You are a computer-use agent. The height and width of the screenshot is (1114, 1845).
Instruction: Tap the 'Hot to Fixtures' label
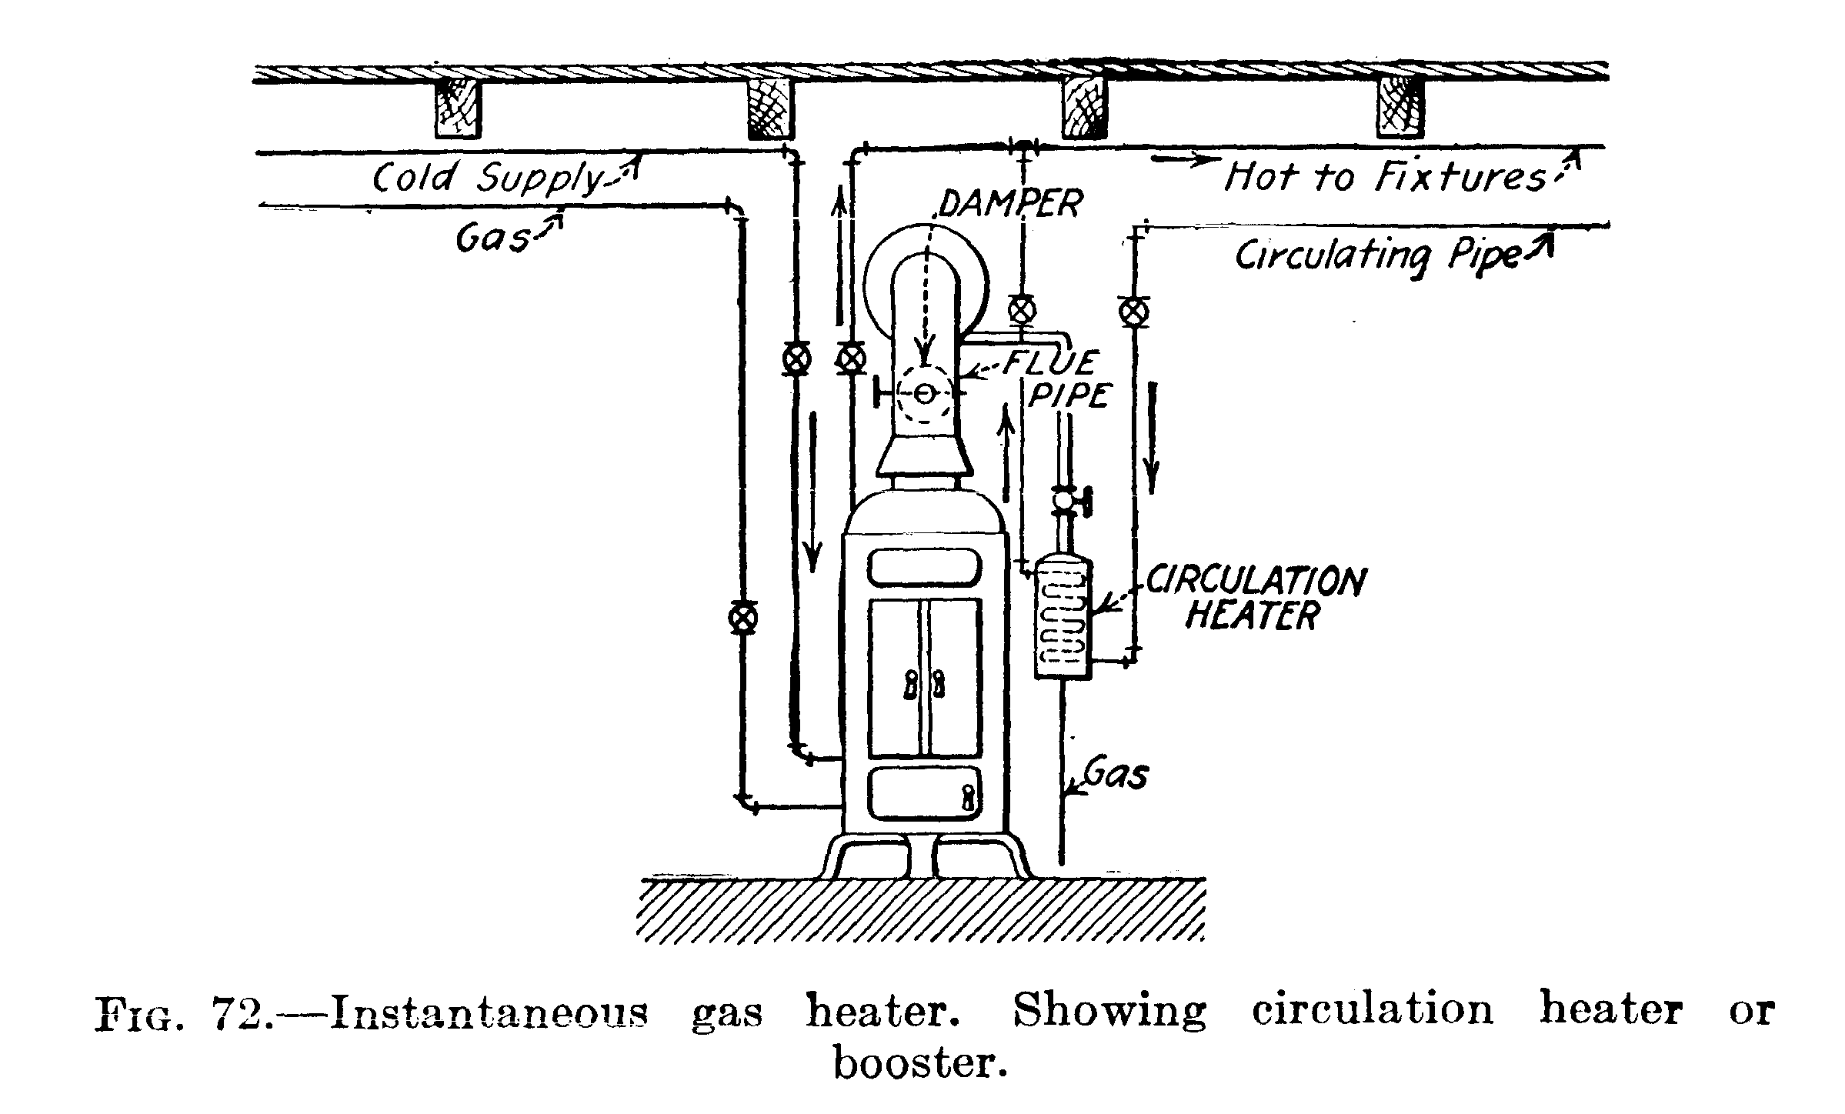click(x=1384, y=178)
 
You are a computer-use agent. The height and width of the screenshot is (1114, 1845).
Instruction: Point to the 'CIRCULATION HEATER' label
click(x=1254, y=599)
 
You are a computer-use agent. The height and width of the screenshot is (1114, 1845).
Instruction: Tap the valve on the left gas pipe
click(x=742, y=617)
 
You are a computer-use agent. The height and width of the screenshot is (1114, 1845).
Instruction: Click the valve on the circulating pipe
click(x=1133, y=312)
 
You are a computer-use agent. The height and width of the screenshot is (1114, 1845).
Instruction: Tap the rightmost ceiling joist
click(x=1399, y=108)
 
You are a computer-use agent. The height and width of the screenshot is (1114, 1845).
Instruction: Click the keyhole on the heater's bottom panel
click(x=968, y=797)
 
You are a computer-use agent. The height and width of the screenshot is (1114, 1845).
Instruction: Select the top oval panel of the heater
click(x=925, y=568)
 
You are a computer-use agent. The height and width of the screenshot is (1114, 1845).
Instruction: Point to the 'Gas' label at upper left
click(x=492, y=238)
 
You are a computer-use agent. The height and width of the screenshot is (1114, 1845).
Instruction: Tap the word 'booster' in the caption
click(x=919, y=1065)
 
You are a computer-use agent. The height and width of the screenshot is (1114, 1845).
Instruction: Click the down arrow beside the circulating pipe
click(x=1152, y=439)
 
